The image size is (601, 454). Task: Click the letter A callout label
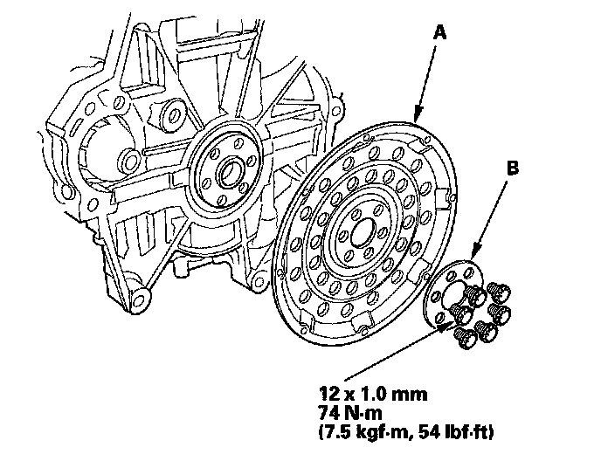click(440, 32)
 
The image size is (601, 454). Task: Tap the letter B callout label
click(513, 168)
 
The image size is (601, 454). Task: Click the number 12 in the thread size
click(327, 394)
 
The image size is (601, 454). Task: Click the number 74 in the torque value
click(328, 413)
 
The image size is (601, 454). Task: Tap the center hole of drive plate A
click(362, 230)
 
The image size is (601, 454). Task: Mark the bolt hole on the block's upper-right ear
click(337, 112)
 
